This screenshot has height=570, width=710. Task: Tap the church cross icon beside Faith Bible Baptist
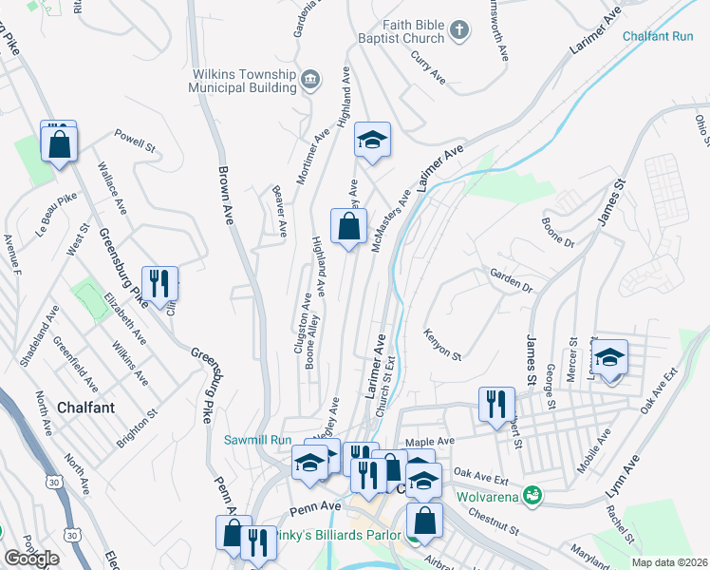point(459,30)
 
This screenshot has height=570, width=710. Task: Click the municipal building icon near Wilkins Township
point(309,78)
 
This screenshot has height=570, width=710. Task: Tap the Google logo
point(31,559)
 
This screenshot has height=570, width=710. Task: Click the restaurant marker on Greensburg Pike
point(159,282)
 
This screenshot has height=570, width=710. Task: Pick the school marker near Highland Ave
point(373,141)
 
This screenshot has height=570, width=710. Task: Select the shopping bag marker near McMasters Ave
point(348,226)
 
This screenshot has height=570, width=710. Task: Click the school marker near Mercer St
point(608,357)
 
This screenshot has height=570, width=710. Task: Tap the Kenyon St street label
point(441,346)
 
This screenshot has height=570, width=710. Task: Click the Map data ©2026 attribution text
point(668,562)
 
